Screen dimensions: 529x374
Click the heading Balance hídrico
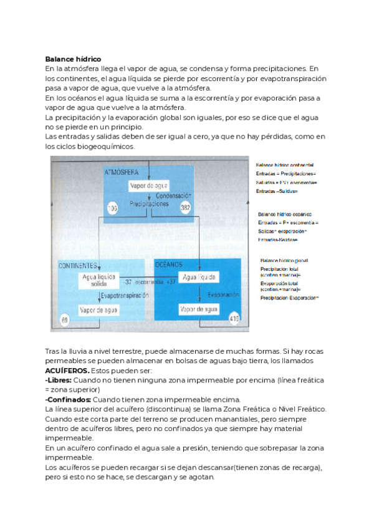point(73,59)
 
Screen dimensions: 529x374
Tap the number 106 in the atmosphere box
point(113,207)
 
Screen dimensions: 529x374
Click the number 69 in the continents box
point(65,320)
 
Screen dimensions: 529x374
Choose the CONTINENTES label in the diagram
point(79,265)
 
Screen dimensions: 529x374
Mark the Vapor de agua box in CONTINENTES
point(98,309)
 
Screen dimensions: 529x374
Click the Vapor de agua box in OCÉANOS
point(199,309)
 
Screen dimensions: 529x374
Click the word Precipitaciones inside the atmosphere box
point(149,204)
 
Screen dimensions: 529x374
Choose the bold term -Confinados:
point(68,399)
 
